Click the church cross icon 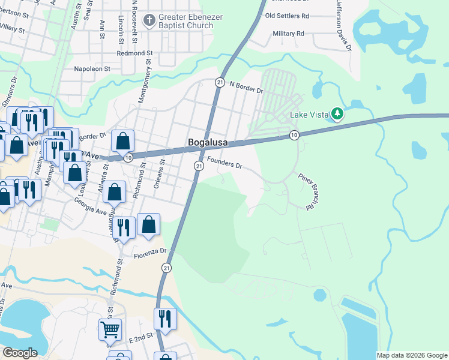pyautogui.click(x=149, y=21)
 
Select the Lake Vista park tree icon pyautogui.click(x=337, y=113)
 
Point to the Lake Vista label pyautogui.click(x=309, y=115)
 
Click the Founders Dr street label pyautogui.click(x=224, y=162)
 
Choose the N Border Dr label pyautogui.click(x=247, y=86)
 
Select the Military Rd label pyautogui.click(x=288, y=34)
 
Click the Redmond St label pyautogui.click(x=136, y=53)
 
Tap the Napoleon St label pyautogui.click(x=92, y=69)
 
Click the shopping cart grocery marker pyautogui.click(x=110, y=329)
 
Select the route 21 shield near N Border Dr pyautogui.click(x=220, y=82)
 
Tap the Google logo pyautogui.click(x=20, y=353)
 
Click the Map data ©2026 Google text pyautogui.click(x=412, y=355)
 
